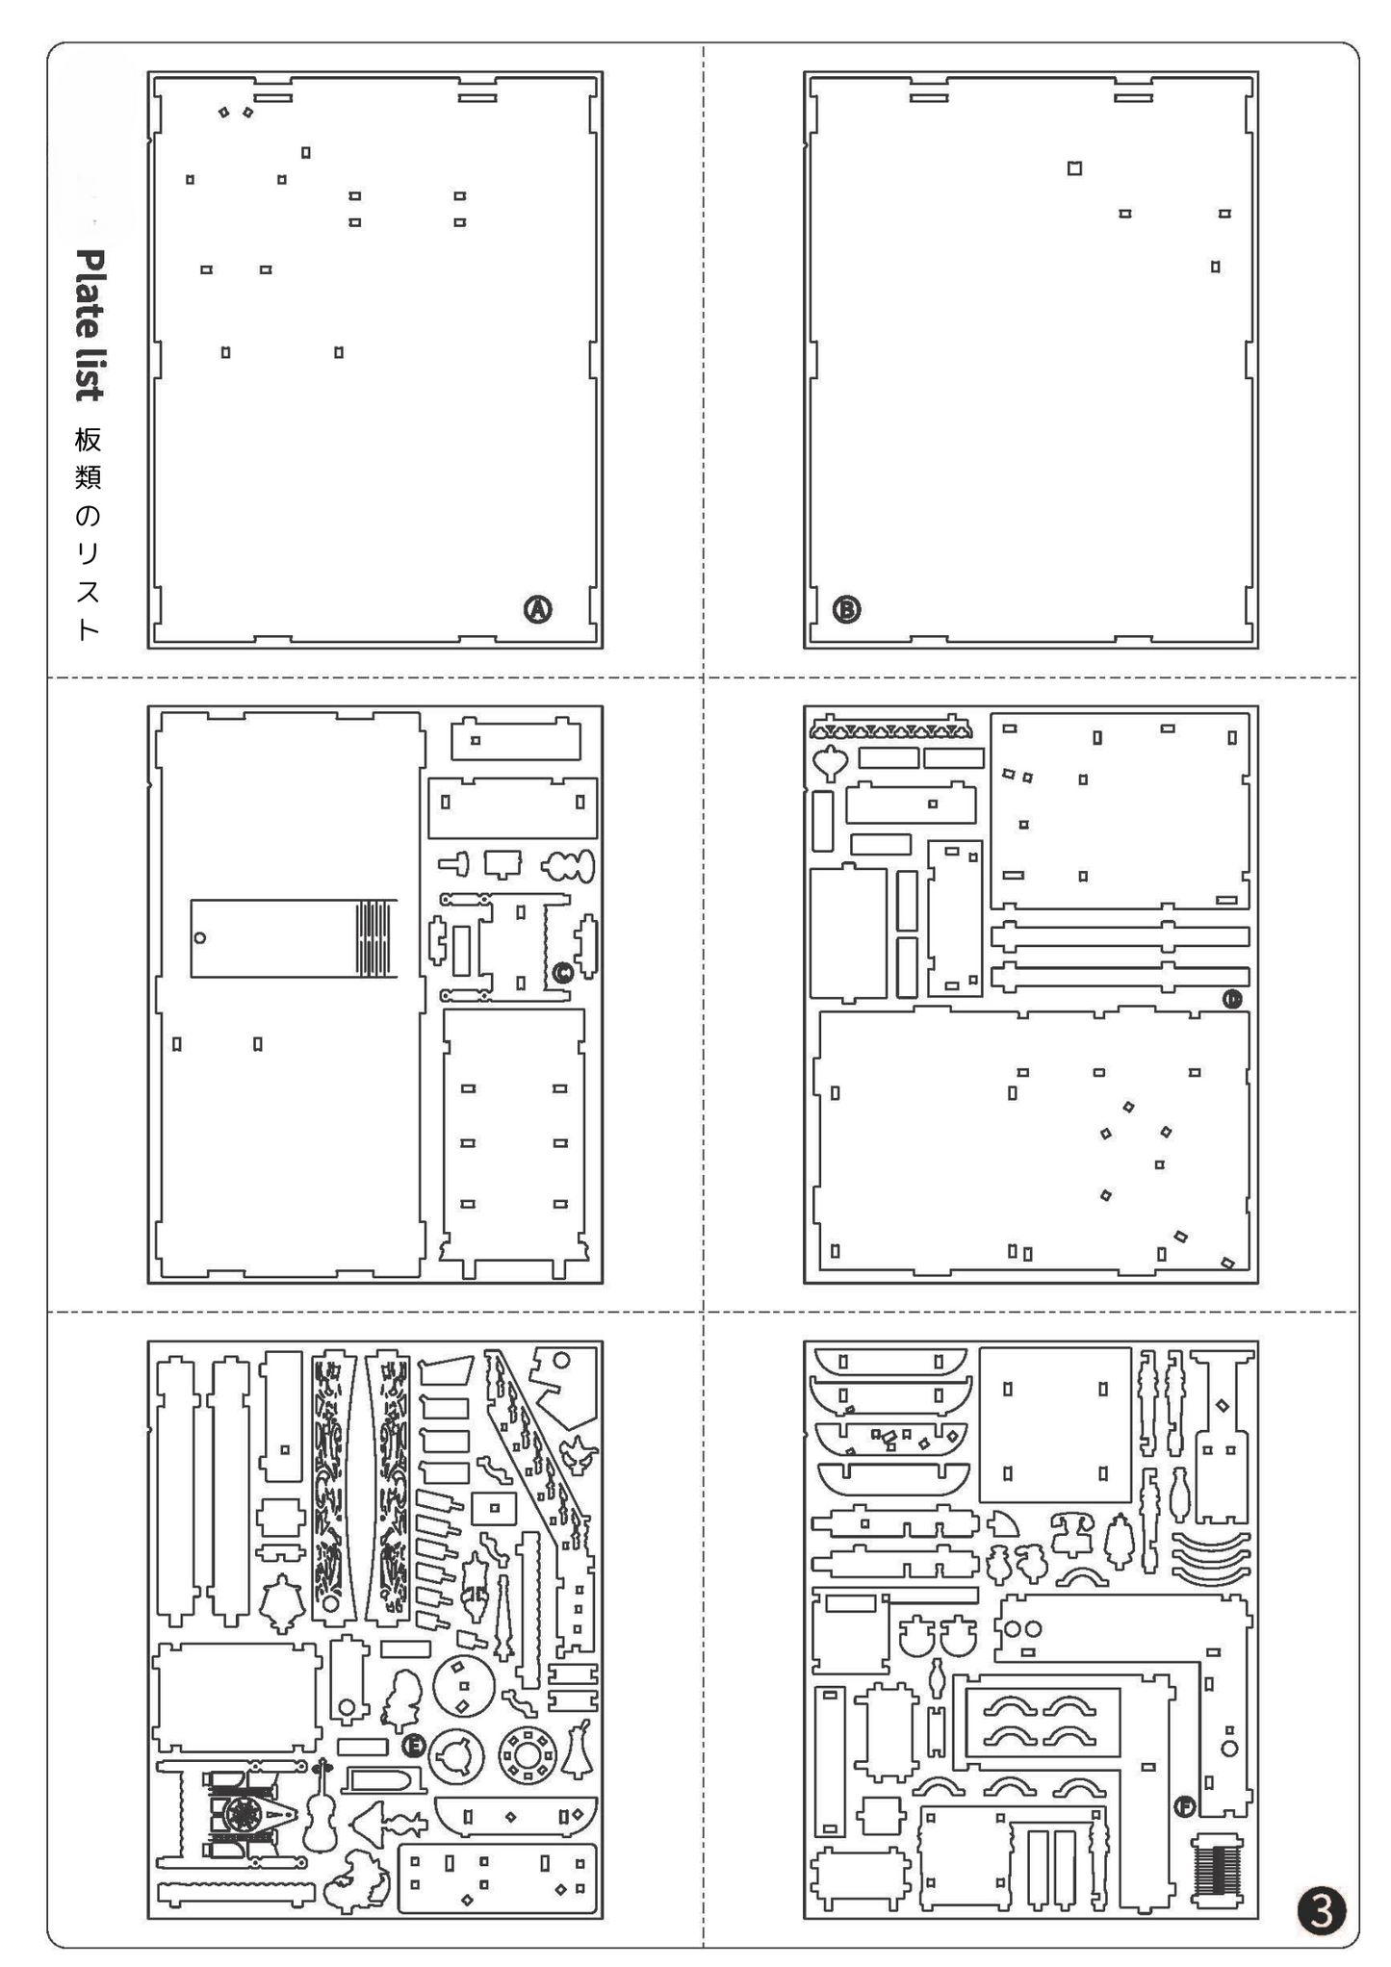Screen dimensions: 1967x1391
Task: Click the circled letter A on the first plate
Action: pyautogui.click(x=537, y=609)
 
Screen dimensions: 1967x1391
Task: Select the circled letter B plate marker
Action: pyautogui.click(x=846, y=609)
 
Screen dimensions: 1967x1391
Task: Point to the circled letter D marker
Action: pyautogui.click(x=1232, y=999)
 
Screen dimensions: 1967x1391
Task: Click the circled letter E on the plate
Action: pyautogui.click(x=413, y=1745)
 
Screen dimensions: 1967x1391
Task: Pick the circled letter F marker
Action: pyautogui.click(x=1185, y=1806)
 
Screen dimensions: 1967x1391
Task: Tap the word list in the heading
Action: pyautogui.click(x=90, y=373)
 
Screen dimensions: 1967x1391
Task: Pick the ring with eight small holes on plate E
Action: pyautogui.click(x=527, y=1753)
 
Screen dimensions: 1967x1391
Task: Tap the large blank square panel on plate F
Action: pyautogui.click(x=1055, y=1424)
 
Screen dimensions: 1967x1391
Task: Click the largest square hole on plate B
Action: pyautogui.click(x=1074, y=168)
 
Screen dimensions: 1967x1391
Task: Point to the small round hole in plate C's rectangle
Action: pyautogui.click(x=200, y=938)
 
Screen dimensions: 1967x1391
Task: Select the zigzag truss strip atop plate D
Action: pyautogui.click(x=889, y=728)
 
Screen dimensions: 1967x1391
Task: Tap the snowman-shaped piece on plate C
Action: pyautogui.click(x=569, y=866)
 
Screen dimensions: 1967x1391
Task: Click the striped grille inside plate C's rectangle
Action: pyautogui.click(x=374, y=938)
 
